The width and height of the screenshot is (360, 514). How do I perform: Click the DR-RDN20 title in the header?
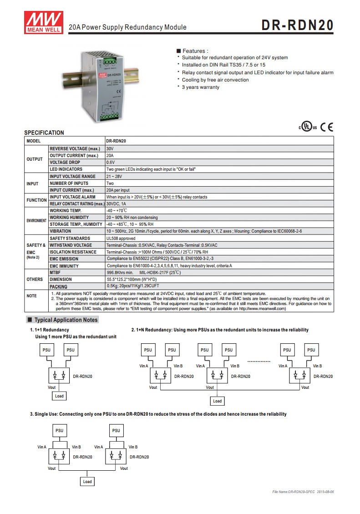pyautogui.click(x=297, y=25)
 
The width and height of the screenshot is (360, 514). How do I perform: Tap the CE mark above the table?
pyautogui.click(x=326, y=127)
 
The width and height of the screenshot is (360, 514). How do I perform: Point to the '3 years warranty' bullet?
pyautogui.click(x=200, y=87)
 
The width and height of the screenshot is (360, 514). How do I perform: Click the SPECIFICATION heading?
pyautogui.click(x=44, y=133)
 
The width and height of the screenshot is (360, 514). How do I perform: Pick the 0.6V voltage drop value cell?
pyautogui.click(x=111, y=162)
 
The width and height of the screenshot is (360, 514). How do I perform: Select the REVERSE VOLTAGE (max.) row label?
pyautogui.click(x=75, y=149)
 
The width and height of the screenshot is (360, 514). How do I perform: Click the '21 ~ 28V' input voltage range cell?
pyautogui.click(x=114, y=176)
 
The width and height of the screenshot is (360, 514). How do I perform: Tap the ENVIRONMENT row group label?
pyautogui.click(x=36, y=220)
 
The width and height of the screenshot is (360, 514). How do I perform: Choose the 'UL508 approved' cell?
pyautogui.click(x=121, y=238)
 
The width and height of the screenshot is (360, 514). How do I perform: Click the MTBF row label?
pyautogui.click(x=56, y=272)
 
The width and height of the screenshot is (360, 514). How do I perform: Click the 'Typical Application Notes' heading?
pyautogui.click(x=66, y=320)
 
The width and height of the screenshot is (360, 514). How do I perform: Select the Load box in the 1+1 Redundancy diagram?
pyautogui.click(x=59, y=396)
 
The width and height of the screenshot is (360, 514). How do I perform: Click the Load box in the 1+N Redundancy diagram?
pyautogui.click(x=218, y=401)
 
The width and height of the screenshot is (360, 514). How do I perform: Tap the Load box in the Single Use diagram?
pyautogui.click(x=87, y=482)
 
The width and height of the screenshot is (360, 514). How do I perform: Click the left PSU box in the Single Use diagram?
pyautogui.click(x=60, y=430)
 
